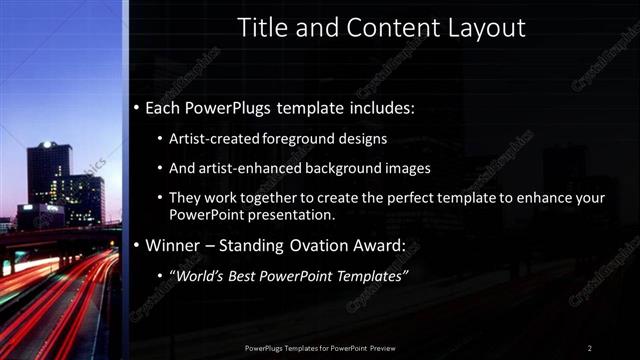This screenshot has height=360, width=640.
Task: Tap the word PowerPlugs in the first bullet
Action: [x=234, y=107]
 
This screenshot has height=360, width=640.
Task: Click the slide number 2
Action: [x=590, y=347]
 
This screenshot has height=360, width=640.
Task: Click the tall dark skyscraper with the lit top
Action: [x=47, y=175]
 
